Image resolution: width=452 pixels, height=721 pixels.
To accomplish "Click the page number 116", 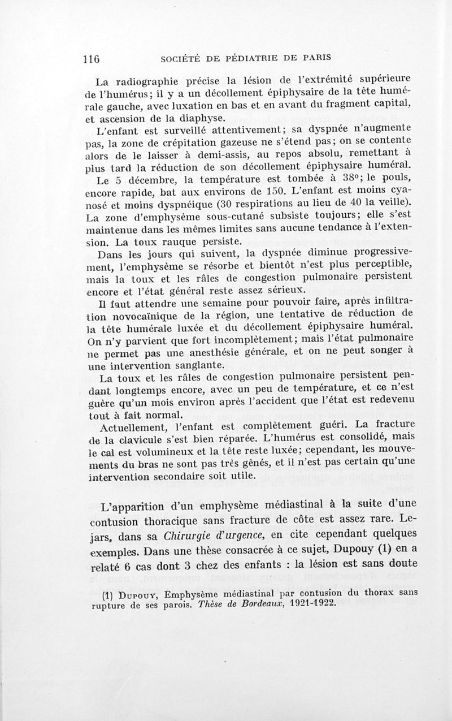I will (91, 58).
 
